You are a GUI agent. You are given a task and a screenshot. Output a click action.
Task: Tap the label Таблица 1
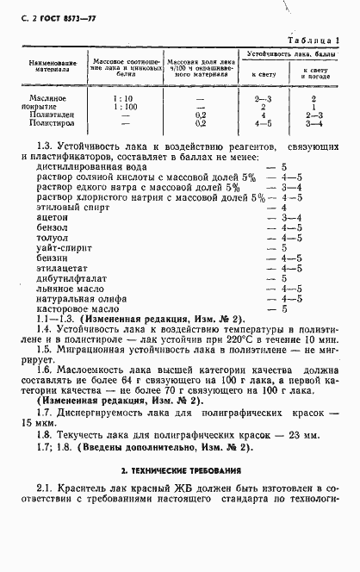313,40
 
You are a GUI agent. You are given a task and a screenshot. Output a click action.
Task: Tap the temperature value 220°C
239,339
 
